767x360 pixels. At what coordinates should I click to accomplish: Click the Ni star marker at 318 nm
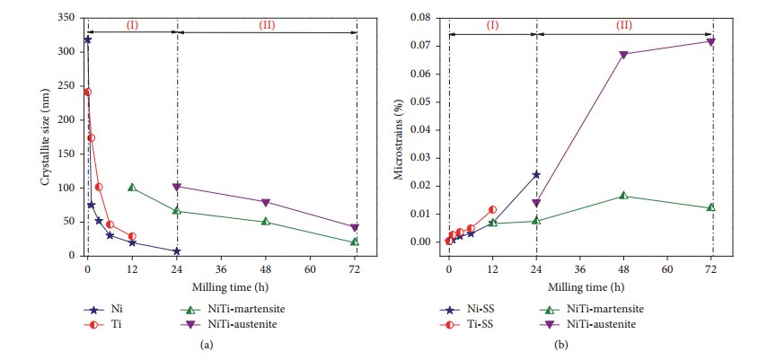pyautogui.click(x=87, y=40)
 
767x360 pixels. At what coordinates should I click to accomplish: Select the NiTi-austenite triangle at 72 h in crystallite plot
pyautogui.click(x=355, y=228)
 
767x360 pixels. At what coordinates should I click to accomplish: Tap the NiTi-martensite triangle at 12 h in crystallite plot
pyautogui.click(x=132, y=188)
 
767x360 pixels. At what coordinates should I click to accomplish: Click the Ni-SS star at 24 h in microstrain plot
pyautogui.click(x=536, y=174)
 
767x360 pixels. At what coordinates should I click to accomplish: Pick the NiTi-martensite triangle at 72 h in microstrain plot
pyautogui.click(x=711, y=207)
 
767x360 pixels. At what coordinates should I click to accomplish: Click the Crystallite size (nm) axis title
pyautogui.click(x=44, y=136)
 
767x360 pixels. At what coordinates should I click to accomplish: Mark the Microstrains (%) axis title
pyautogui.click(x=401, y=136)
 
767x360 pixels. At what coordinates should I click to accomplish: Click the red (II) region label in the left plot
pyautogui.click(x=267, y=24)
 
